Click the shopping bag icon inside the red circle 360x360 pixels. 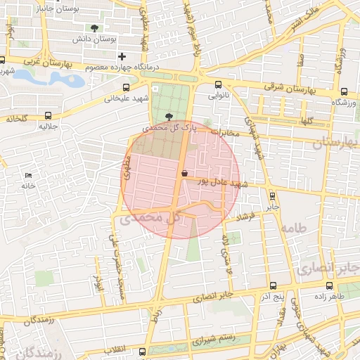pos(184,173)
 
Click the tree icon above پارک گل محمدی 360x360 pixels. pos(168,117)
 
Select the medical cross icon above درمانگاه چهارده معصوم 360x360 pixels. pos(122,56)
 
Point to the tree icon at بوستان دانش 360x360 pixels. pos(94,29)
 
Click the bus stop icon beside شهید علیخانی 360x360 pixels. pos(126,88)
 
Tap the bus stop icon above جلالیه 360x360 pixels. pos(48,115)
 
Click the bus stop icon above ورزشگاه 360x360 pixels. pos(344,91)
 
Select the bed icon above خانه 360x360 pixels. pos(28,175)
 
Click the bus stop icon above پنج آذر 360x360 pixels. pos(273,285)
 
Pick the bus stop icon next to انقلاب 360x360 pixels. pos(143,351)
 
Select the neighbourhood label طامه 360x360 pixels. pos(293,229)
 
